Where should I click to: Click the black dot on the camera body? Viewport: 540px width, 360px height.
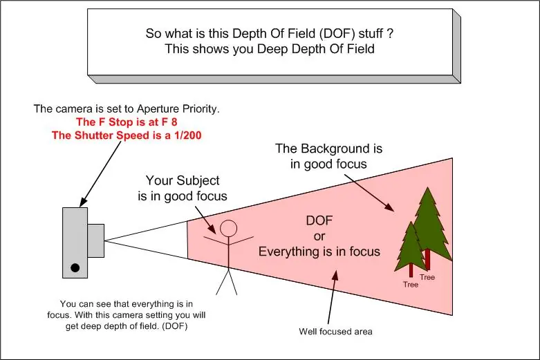pyautogui.click(x=75, y=267)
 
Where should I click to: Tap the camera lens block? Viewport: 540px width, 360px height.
pyautogui.click(x=95, y=240)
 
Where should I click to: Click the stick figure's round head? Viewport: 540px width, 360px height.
pyautogui.click(x=228, y=228)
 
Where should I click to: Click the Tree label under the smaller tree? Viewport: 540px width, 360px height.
pyautogui.click(x=411, y=285)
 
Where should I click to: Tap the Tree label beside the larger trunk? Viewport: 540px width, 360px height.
pyautogui.click(x=427, y=277)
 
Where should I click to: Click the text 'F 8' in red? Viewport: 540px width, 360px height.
pyautogui.click(x=169, y=122)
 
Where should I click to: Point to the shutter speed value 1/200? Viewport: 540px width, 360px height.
pyautogui.click(x=187, y=135)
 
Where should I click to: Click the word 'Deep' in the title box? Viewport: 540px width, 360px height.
pyautogui.click(x=272, y=49)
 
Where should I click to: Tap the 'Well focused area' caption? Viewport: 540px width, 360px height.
pyautogui.click(x=335, y=332)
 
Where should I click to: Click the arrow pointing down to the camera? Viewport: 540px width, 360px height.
pyautogui.click(x=100, y=174)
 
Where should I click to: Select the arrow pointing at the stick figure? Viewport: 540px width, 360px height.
pyautogui.click(x=205, y=220)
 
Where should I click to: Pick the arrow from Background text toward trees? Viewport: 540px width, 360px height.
pyautogui.click(x=369, y=193)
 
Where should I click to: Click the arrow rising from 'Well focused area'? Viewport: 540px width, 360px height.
pyautogui.click(x=333, y=296)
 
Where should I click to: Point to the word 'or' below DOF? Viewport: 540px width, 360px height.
pyautogui.click(x=319, y=236)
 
